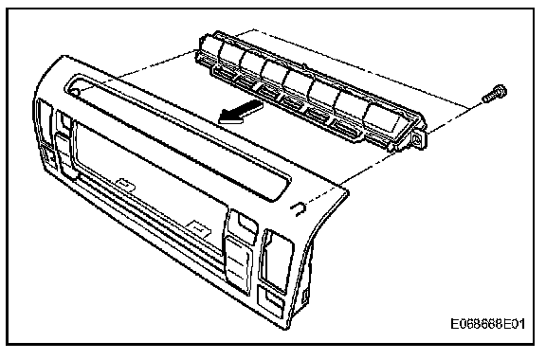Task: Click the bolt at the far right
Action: (x=495, y=93)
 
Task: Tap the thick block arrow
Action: (x=241, y=112)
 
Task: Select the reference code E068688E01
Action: (x=488, y=324)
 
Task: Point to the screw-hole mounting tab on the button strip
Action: (x=417, y=140)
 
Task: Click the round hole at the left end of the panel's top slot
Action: (x=75, y=92)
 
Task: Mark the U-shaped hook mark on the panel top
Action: (x=299, y=208)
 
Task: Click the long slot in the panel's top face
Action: (x=177, y=136)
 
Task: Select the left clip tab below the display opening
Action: (x=125, y=185)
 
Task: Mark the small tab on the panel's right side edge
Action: (x=306, y=296)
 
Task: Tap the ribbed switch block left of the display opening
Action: (x=63, y=153)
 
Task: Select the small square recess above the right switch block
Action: (x=246, y=222)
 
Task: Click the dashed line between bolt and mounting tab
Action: (x=456, y=117)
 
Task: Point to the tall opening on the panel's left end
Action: (x=43, y=121)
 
